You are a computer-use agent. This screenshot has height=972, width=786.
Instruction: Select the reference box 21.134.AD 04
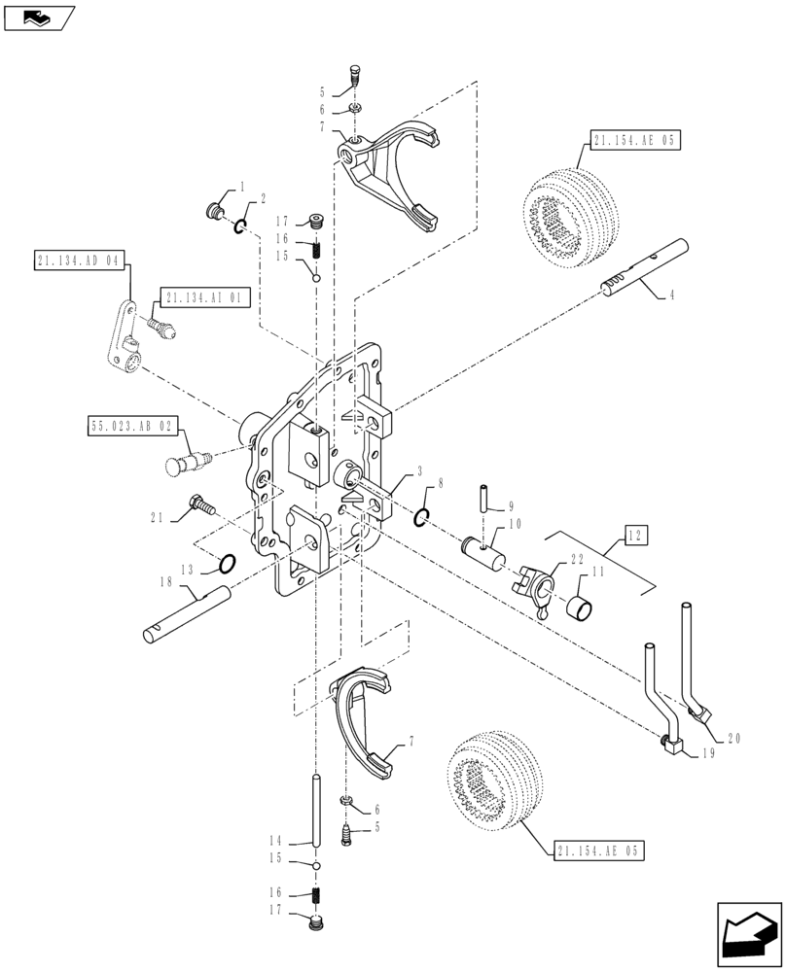tap(79, 260)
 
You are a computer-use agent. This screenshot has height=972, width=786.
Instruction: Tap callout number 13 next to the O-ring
tap(187, 570)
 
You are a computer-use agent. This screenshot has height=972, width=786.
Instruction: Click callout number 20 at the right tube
tap(732, 738)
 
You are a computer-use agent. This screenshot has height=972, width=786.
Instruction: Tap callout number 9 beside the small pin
tap(511, 505)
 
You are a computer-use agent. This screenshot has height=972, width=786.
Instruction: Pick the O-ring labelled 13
tap(226, 564)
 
